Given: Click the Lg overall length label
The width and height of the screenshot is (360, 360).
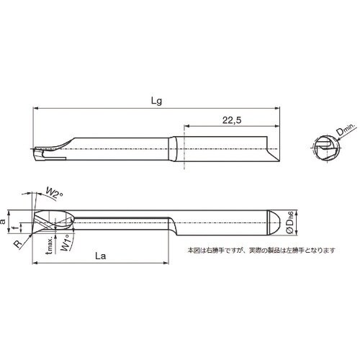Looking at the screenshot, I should (155, 102).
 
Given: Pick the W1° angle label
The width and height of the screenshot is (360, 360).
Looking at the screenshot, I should (66, 241).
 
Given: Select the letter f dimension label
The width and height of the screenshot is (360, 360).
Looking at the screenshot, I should (21, 227).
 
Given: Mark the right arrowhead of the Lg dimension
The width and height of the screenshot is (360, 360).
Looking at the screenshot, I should (279, 109).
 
